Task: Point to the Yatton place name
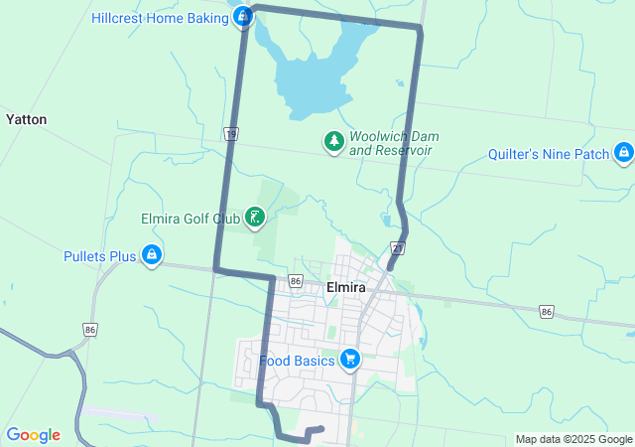point(26,119)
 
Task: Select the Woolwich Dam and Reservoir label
point(394,143)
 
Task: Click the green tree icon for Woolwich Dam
point(334,142)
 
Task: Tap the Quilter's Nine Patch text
point(549,154)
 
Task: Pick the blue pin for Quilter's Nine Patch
point(623,153)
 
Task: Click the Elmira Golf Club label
point(191,218)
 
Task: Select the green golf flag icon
point(255,218)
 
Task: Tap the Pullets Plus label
point(99,256)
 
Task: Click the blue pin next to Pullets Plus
point(151,255)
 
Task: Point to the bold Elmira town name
point(346,287)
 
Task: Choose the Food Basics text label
point(297,361)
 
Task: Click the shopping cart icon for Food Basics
point(349,360)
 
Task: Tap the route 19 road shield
point(231,134)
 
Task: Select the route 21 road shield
point(397,247)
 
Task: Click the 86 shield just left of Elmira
point(296,281)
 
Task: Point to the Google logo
point(33,435)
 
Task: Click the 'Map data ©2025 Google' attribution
point(573,439)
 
